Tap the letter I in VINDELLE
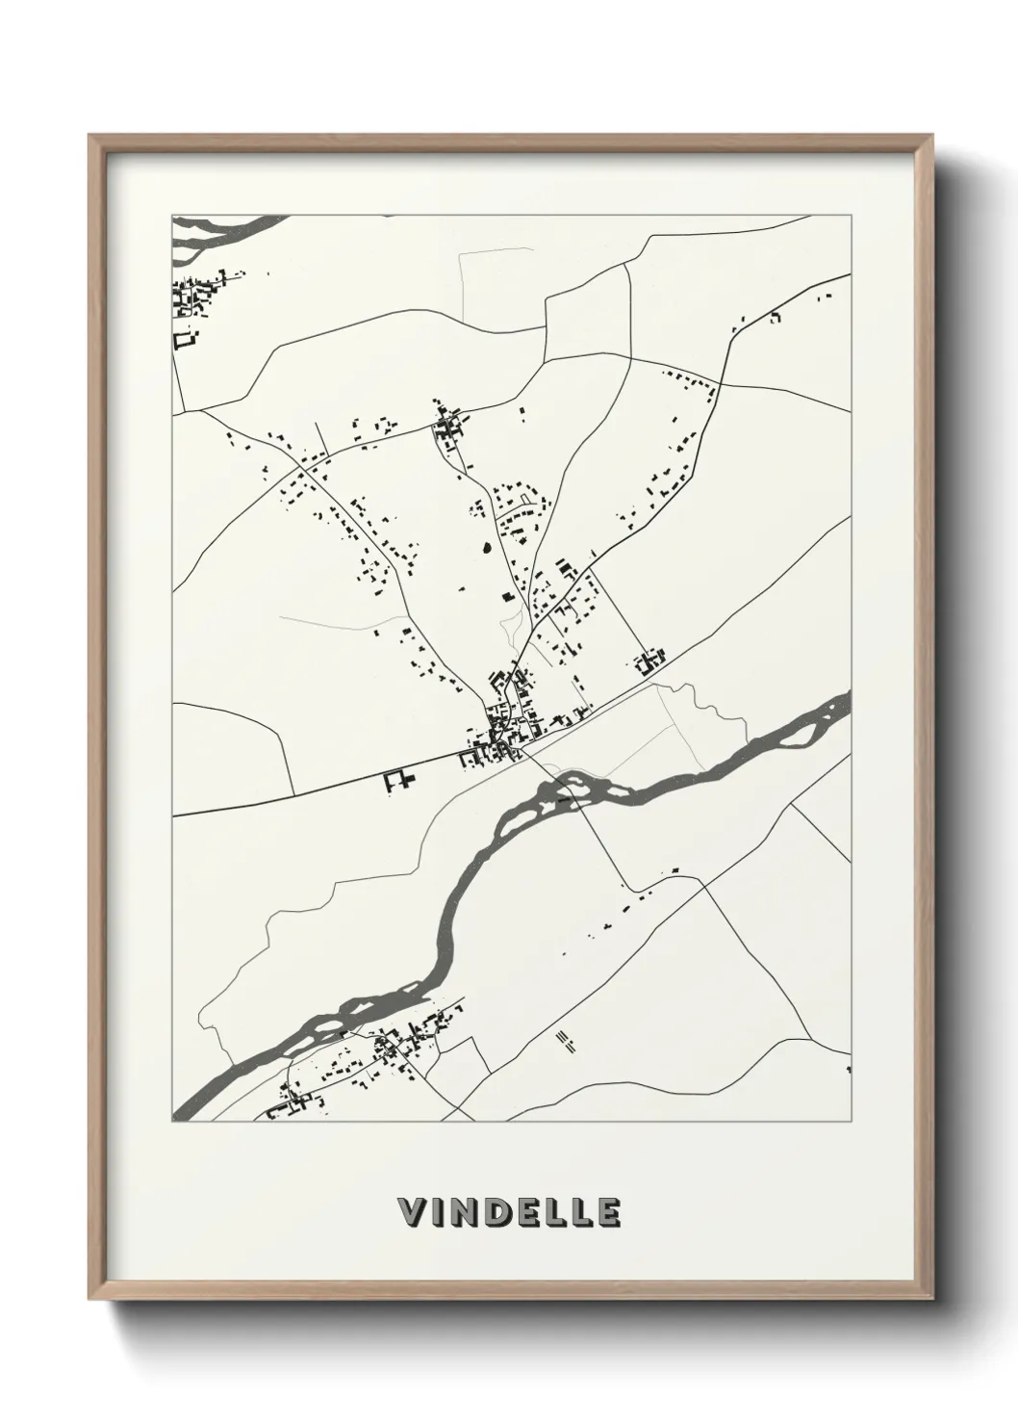pos(439,1212)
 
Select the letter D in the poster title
pos(499,1212)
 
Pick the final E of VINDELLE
pos(607,1212)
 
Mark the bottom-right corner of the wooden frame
pos(931,1301)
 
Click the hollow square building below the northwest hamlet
pos(184,339)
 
